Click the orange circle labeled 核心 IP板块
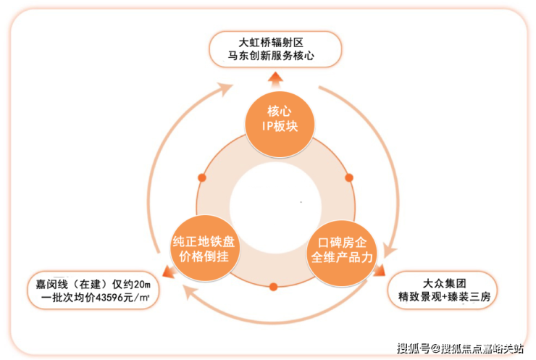point(280,124)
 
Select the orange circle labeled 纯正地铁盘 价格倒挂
point(204,248)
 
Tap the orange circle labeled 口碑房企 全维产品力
point(342,254)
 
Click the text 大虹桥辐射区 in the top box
point(271,43)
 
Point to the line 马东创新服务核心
point(271,56)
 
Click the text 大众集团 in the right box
point(445,283)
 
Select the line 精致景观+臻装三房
point(445,296)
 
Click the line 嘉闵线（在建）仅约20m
point(93,284)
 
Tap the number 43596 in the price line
point(109,298)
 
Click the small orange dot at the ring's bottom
point(274,287)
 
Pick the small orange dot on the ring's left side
point(202,177)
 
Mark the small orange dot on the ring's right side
point(349,177)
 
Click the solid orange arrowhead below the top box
point(275,80)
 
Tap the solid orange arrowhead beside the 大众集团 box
point(379,270)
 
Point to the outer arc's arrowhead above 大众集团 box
point(390,250)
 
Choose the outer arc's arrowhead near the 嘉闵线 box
point(190,293)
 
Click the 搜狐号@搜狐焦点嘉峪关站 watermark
point(460,348)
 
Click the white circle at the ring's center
point(275,207)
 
